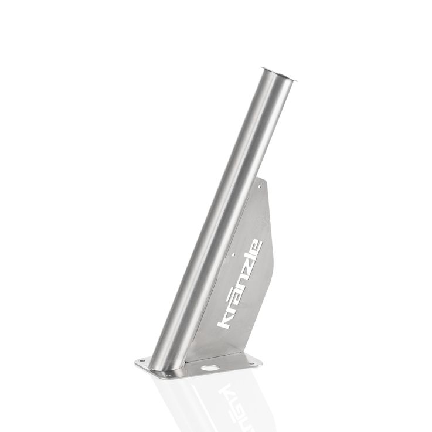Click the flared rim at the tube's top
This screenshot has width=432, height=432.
pos(280,74)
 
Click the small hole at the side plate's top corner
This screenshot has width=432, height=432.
pos(260,186)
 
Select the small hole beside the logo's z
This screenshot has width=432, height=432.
pos(233,255)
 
